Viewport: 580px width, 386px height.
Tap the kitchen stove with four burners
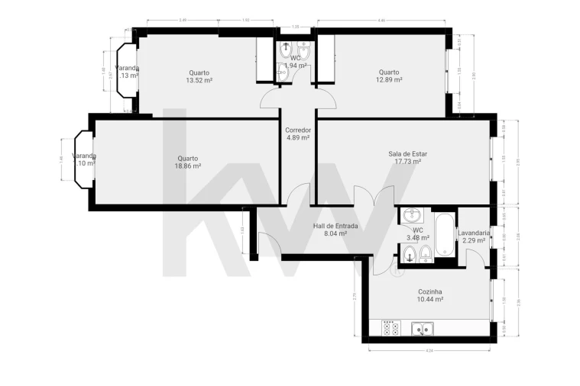[x=390, y=328]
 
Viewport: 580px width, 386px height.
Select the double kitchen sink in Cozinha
[x=421, y=329]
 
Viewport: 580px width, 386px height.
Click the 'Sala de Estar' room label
[x=407, y=153]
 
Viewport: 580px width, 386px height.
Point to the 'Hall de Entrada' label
[x=335, y=226]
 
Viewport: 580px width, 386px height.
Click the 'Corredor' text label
[x=298, y=130]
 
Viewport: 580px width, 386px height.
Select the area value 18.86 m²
[x=187, y=166]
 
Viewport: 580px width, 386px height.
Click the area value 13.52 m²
[x=199, y=80]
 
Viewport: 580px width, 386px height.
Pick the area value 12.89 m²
[x=389, y=80]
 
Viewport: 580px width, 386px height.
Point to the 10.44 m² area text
[x=429, y=300]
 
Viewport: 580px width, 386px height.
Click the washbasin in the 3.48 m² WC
[x=411, y=214]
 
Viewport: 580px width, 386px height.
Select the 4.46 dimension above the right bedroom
[x=381, y=21]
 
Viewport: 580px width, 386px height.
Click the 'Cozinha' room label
[x=429, y=291]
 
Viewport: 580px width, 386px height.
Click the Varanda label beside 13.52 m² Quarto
[x=127, y=68]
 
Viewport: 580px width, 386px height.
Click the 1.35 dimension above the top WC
[x=295, y=27]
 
